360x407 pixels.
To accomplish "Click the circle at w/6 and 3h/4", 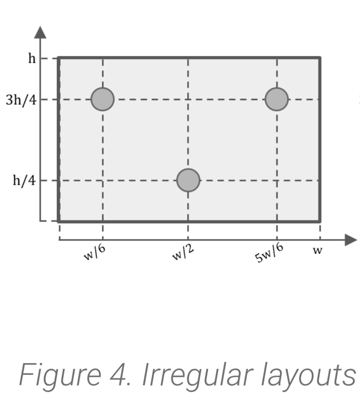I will (x=103, y=99).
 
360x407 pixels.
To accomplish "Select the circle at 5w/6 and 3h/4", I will (x=277, y=99).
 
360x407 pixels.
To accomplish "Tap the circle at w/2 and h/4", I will (x=188, y=180).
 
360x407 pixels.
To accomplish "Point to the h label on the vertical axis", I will (x=32, y=59).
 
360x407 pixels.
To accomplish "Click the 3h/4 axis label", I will (x=21, y=100).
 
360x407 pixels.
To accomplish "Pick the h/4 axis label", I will (x=24, y=181).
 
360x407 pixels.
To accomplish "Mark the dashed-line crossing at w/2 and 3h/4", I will (x=188, y=99).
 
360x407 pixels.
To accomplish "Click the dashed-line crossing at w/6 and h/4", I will (x=103, y=180).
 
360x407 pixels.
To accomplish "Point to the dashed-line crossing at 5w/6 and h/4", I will (x=277, y=180).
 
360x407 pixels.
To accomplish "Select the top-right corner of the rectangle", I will (x=320, y=58).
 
